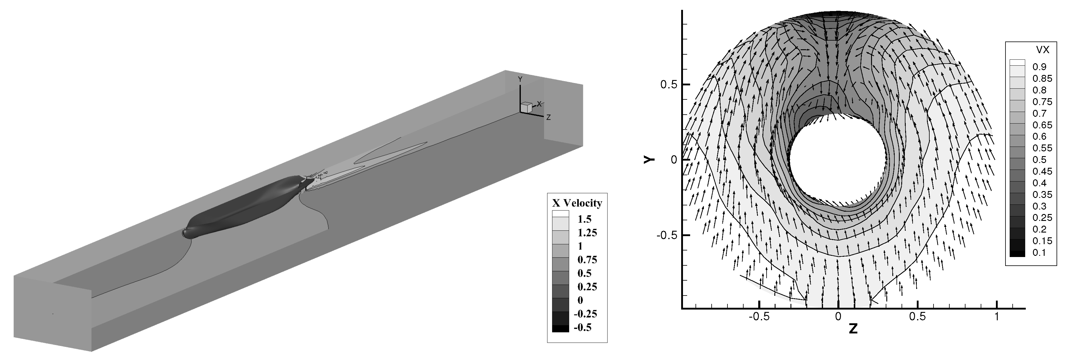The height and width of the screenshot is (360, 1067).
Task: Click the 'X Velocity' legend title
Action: [577, 203]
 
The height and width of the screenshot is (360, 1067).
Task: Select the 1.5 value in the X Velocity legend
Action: [585, 219]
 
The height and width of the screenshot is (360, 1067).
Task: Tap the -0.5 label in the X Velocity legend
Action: [582, 327]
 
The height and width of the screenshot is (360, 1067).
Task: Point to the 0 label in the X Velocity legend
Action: [580, 300]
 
